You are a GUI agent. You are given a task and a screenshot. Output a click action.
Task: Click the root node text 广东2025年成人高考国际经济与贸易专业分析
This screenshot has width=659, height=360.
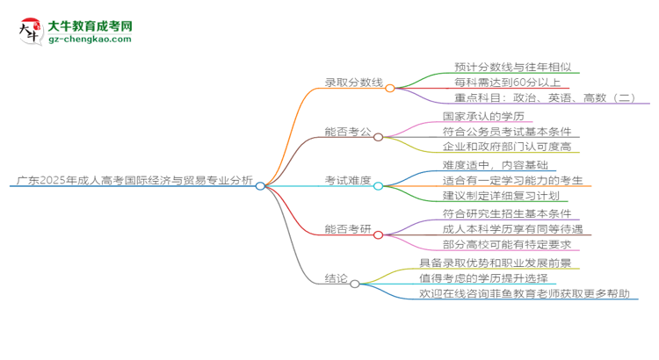(134, 182)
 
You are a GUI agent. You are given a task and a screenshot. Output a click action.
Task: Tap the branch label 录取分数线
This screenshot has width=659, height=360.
(354, 83)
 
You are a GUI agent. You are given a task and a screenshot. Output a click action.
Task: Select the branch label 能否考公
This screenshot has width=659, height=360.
(348, 133)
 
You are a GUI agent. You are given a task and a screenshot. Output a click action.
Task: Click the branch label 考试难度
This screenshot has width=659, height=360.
(348, 182)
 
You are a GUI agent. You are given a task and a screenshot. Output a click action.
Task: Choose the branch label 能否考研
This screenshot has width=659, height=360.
(348, 231)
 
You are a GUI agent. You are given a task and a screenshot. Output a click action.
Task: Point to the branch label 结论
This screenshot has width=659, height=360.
(335, 279)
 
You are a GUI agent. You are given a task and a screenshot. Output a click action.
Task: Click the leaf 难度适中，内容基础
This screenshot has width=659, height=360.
(495, 164)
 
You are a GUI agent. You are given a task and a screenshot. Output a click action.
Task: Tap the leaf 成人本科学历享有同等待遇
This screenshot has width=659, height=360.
(512, 230)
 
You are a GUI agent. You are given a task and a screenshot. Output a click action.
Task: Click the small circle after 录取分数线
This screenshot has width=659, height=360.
(389, 87)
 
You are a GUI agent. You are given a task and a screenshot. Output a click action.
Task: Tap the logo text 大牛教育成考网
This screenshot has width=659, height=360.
(88, 26)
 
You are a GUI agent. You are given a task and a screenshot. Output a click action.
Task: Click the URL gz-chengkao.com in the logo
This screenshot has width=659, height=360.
(88, 40)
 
